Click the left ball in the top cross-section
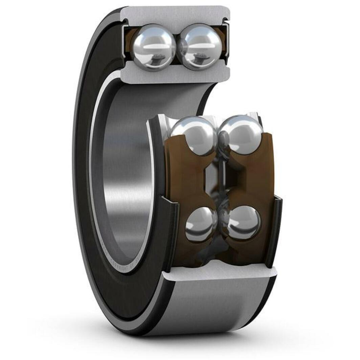point(153,47)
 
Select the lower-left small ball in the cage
point(201,224)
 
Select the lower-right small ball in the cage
point(244,223)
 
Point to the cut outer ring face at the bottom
point(220,272)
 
